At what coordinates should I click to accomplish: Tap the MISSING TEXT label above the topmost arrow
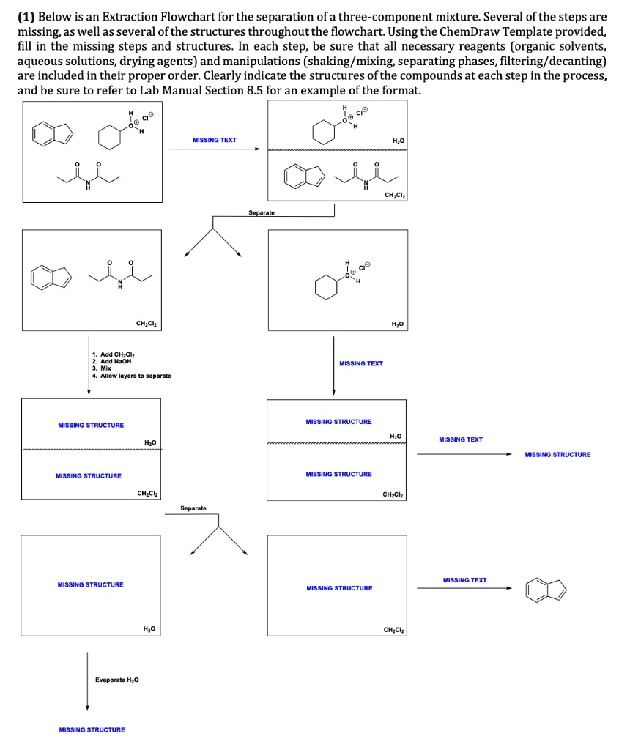point(214,140)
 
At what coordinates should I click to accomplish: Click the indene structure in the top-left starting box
point(51,133)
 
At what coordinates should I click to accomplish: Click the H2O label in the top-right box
point(398,140)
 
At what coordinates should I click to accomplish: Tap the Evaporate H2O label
point(118,680)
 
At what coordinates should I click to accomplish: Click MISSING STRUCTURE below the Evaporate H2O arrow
point(91,729)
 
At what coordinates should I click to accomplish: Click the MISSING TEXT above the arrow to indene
point(464,580)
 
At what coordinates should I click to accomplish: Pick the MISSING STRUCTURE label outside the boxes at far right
point(557,455)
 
